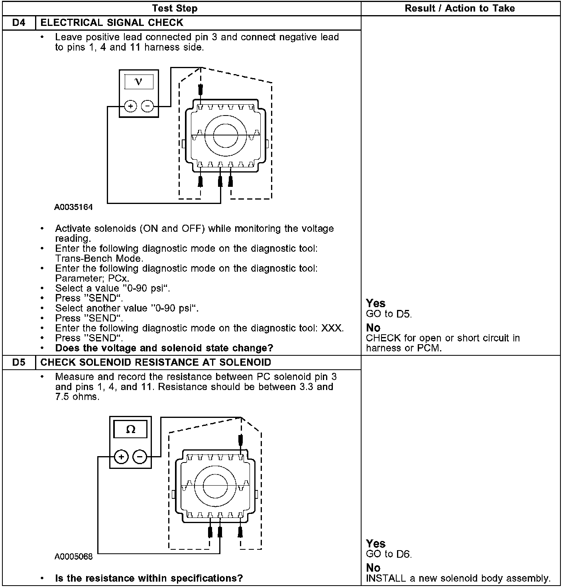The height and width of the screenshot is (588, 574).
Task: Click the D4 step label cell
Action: [x=19, y=23]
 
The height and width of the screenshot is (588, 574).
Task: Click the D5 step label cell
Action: [x=19, y=363]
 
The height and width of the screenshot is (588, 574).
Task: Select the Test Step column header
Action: [x=175, y=8]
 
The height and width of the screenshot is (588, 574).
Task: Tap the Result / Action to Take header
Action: [x=460, y=8]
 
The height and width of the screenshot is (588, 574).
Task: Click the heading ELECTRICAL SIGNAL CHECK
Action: [x=112, y=23]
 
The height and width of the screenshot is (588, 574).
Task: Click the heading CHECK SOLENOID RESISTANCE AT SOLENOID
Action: [x=156, y=363]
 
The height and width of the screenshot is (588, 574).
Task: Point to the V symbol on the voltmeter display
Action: [x=138, y=82]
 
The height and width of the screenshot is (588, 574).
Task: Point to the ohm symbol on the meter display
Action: [x=130, y=429]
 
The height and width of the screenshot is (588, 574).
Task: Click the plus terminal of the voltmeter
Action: [x=130, y=106]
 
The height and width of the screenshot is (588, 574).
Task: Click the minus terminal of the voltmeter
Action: [x=147, y=106]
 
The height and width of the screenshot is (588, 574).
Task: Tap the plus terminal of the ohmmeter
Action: [x=122, y=457]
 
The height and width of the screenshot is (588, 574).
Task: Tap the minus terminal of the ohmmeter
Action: [x=140, y=457]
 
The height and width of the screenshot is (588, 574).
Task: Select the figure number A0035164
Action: [x=74, y=207]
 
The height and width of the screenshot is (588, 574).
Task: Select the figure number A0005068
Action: [x=74, y=557]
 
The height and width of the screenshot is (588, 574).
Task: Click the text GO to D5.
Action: [x=389, y=314]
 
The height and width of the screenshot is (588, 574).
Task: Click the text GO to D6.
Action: [x=389, y=554]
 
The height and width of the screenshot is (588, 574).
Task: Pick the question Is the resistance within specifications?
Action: [x=149, y=578]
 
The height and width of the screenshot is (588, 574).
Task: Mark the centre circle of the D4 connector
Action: [x=226, y=135]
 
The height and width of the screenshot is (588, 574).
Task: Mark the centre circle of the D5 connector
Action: [x=215, y=486]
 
